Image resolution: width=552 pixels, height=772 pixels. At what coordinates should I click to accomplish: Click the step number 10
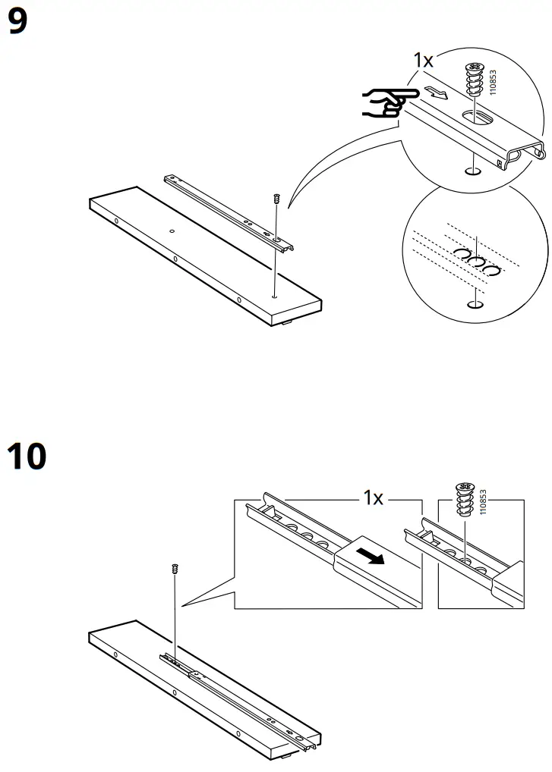(x=27, y=457)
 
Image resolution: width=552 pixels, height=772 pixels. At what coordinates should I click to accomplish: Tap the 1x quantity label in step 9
(x=424, y=61)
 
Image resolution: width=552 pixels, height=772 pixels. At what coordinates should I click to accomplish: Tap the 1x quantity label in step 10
(x=374, y=498)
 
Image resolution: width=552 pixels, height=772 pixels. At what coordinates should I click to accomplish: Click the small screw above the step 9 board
(x=276, y=199)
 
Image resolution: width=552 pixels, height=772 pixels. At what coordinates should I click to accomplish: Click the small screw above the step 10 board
(x=175, y=569)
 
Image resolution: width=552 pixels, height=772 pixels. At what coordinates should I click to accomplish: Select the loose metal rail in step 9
(x=229, y=212)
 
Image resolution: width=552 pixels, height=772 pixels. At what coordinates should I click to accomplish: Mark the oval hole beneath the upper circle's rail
(x=472, y=171)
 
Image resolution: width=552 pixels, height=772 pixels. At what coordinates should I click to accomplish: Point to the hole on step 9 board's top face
(x=172, y=231)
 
